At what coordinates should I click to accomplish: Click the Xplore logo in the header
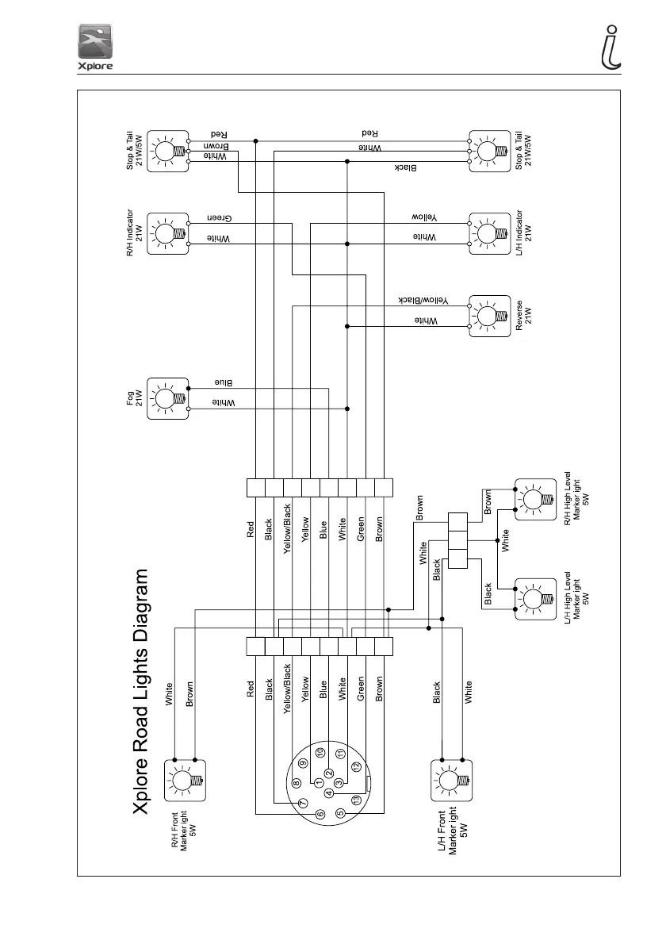[95, 47]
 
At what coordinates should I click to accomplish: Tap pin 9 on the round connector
[303, 762]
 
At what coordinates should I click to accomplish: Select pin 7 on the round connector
[302, 803]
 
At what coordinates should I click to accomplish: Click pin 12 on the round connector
[357, 767]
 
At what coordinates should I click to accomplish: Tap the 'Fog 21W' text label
[134, 397]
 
